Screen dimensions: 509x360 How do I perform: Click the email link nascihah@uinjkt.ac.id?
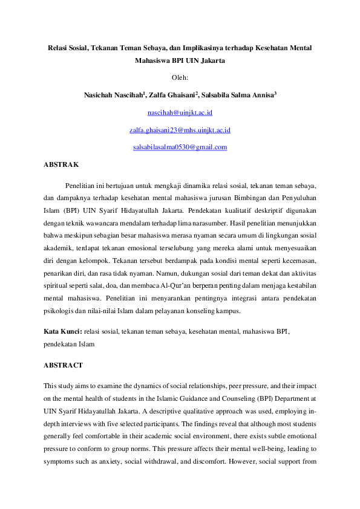(180, 112)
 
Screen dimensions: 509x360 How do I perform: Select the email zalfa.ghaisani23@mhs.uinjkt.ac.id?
(180, 130)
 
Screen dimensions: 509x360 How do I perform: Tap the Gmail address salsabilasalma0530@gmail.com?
(180, 147)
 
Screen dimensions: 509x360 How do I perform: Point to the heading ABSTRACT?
(63, 366)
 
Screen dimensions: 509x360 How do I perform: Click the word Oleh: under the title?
(180, 77)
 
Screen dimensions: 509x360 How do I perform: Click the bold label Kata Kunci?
(63, 332)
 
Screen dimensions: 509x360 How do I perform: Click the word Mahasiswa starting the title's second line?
(155, 61)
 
